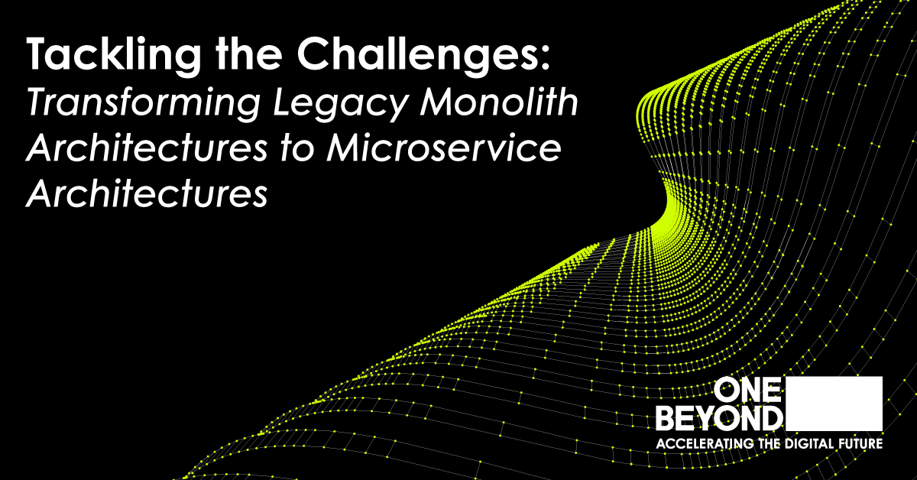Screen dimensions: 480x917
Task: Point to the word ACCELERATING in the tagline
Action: pyautogui.click(x=701, y=444)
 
